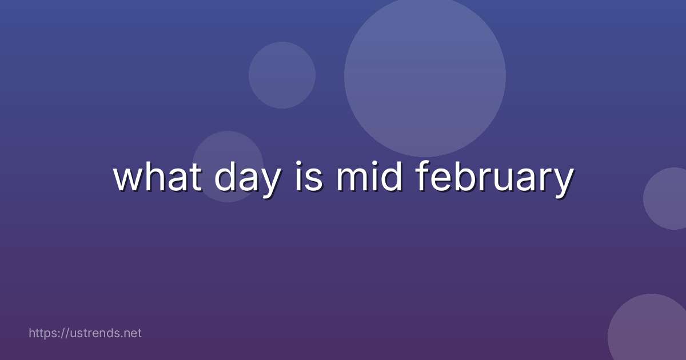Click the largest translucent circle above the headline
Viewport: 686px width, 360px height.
(425, 75)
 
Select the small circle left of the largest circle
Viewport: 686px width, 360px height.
(282, 75)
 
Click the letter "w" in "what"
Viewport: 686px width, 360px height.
(127, 180)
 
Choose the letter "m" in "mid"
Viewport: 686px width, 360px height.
(352, 180)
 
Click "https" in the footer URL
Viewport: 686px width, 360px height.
(43, 333)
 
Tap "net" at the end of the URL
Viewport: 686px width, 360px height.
(132, 333)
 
